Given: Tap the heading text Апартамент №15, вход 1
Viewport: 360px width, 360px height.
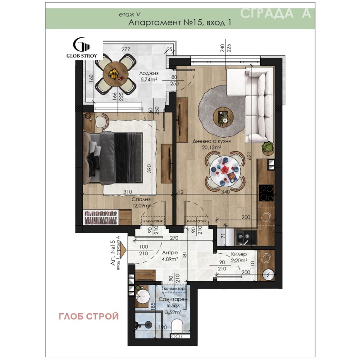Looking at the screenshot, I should (x=180, y=23).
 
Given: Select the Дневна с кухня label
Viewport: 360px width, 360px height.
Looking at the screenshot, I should (x=211, y=141).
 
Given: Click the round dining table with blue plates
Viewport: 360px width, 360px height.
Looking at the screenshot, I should (x=224, y=171).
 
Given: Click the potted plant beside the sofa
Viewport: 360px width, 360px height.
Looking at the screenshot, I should (x=268, y=147).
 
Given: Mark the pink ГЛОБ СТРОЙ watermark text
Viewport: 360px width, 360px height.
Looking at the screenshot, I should (x=89, y=316).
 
